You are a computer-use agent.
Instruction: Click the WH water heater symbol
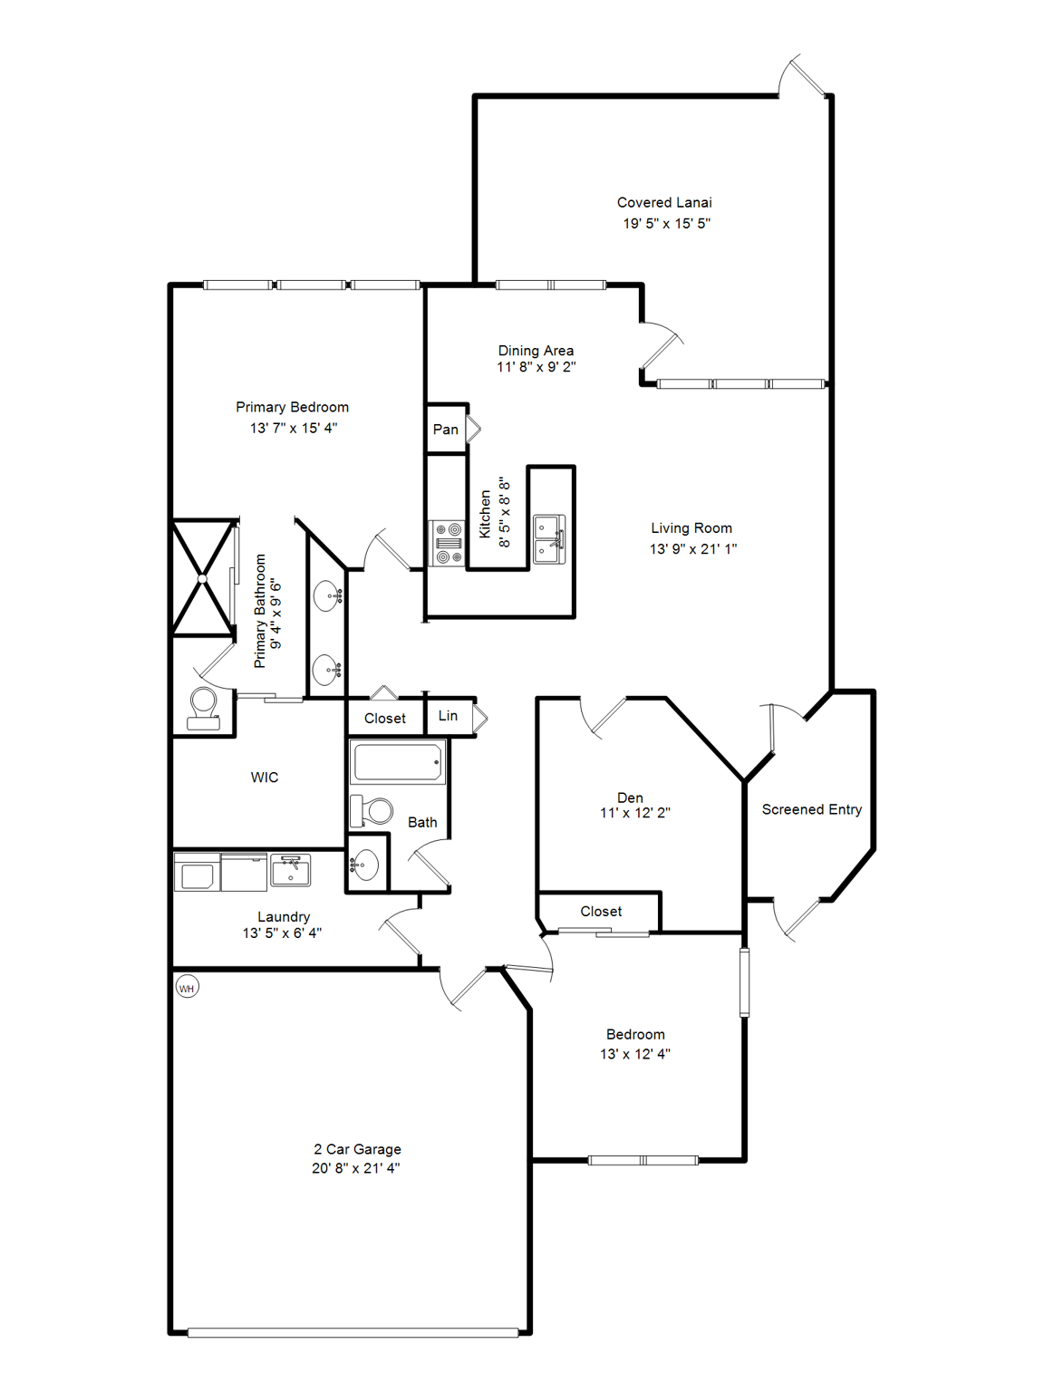[187, 988]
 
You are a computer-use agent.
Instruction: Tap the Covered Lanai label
[664, 202]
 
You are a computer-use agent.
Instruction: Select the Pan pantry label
[445, 430]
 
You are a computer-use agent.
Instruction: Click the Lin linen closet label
[448, 716]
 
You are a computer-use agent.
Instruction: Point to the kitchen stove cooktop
[447, 544]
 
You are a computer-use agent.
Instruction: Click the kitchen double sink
[549, 539]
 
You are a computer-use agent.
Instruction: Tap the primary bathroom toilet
[204, 708]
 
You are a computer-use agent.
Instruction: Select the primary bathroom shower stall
[203, 577]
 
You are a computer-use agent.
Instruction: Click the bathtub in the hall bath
[398, 762]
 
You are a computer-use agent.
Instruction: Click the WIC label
[265, 778]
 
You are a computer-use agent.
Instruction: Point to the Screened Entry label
[811, 809]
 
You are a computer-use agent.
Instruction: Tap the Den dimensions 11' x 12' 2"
[634, 813]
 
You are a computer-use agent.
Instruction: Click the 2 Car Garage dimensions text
[355, 1168]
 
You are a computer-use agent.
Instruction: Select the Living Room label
[691, 528]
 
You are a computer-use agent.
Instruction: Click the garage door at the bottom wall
[353, 1332]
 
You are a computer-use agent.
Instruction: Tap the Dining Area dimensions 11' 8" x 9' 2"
[536, 367]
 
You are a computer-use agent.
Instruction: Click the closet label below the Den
[601, 912]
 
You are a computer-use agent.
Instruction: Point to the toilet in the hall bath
[372, 810]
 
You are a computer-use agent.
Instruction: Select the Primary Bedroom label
[292, 408]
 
